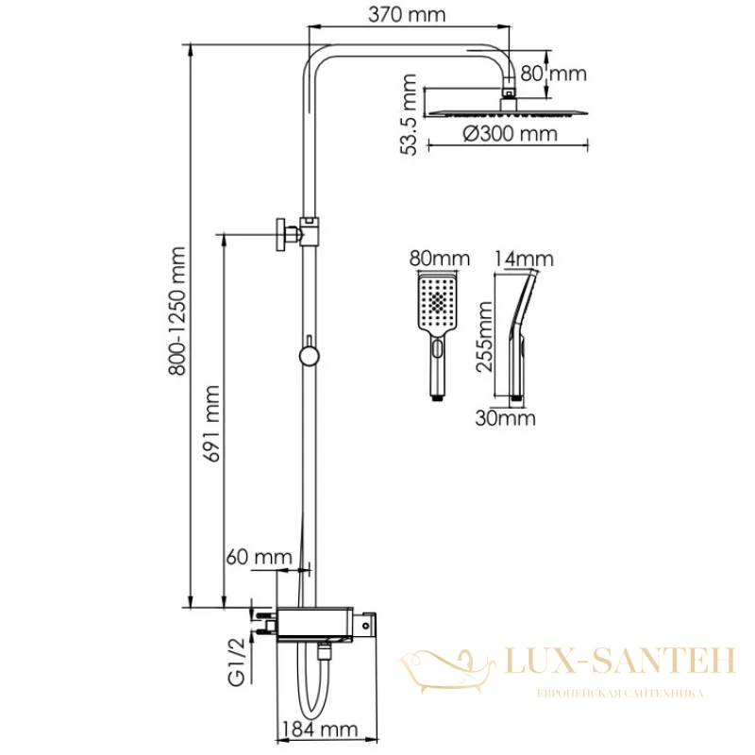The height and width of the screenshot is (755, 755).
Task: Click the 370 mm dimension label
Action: [407, 14]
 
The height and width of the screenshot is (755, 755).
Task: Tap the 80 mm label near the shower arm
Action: [554, 74]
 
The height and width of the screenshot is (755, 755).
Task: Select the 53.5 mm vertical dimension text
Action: [409, 114]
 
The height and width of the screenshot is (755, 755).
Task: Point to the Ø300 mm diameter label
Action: [510, 133]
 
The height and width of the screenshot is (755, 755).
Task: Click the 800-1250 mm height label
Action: [176, 311]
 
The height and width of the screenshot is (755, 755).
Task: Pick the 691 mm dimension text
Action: [211, 424]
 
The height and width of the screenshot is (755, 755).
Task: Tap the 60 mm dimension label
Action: [259, 557]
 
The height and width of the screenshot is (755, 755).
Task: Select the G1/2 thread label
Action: [237, 661]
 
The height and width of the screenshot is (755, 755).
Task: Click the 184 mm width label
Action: [319, 729]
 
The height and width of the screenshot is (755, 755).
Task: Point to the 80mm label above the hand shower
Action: [439, 259]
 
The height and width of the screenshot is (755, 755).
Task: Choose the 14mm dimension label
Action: [524, 259]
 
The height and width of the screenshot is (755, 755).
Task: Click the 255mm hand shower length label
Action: [484, 337]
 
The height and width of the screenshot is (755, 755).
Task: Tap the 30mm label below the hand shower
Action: [505, 418]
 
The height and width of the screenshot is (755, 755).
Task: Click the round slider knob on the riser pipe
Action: [310, 357]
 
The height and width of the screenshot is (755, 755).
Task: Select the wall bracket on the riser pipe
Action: [297, 233]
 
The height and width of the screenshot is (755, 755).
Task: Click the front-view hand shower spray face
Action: [437, 301]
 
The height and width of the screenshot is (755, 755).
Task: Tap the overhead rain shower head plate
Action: [508, 113]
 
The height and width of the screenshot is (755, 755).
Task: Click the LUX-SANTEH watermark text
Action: [620, 661]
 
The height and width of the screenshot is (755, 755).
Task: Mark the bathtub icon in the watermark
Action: [446, 670]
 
